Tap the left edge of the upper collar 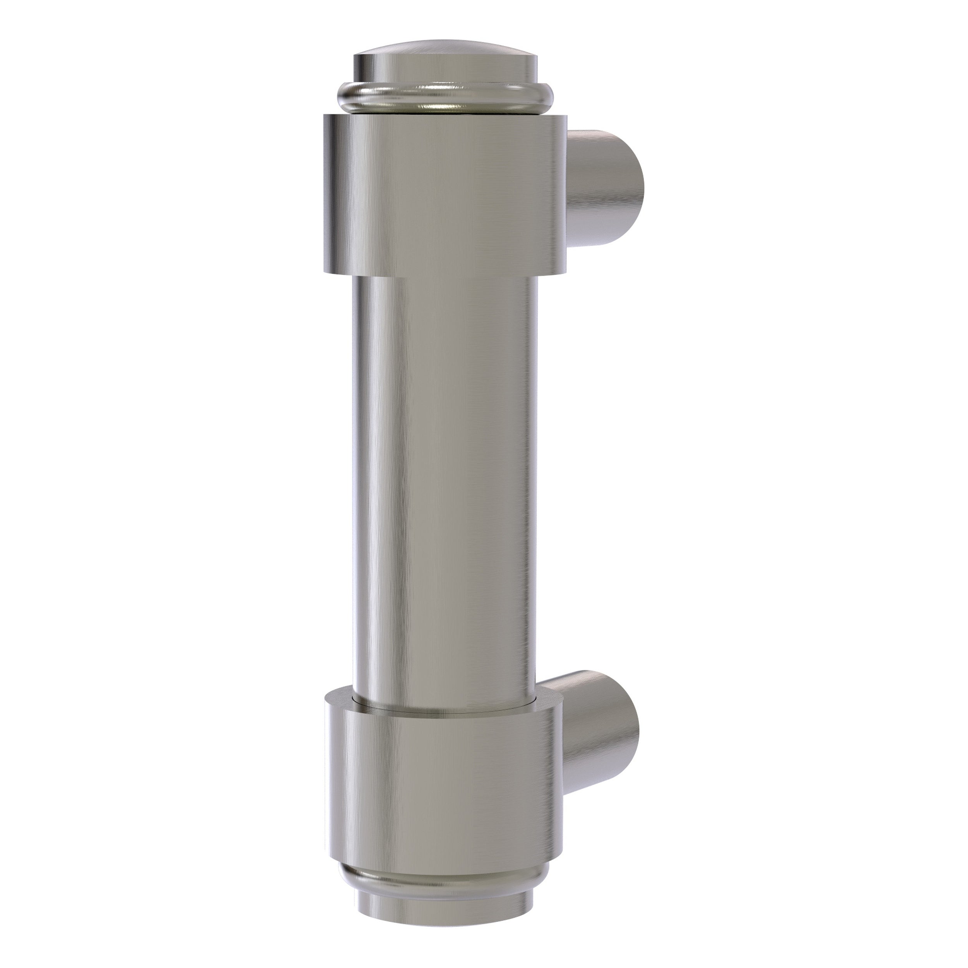tap(326, 193)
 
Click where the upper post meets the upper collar tap(569, 191)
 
